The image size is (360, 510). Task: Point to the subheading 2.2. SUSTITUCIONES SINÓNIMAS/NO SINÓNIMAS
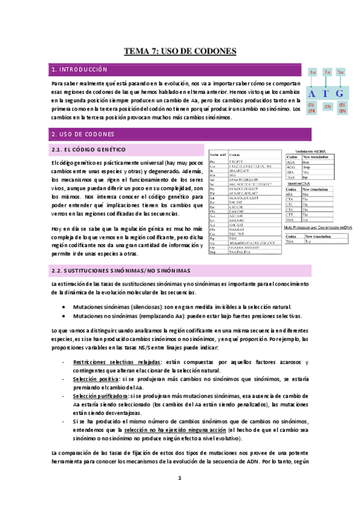click(x=129, y=271)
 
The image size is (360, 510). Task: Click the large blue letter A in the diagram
click(x=311, y=94)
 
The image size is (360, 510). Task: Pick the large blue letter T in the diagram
click(x=326, y=94)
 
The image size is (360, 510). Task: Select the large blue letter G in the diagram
click(x=340, y=94)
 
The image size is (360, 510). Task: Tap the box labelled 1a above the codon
click(x=313, y=73)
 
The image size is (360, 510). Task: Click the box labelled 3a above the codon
click(x=340, y=73)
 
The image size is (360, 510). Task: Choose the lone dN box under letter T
click(x=327, y=107)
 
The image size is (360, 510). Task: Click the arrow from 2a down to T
click(x=326, y=82)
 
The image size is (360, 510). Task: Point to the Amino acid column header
click(x=216, y=155)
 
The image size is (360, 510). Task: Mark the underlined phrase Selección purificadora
click(x=100, y=397)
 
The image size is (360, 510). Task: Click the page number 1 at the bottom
click(x=179, y=478)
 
